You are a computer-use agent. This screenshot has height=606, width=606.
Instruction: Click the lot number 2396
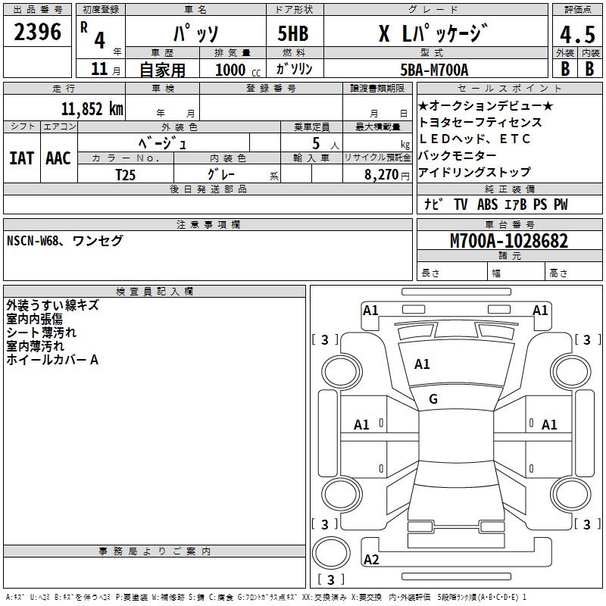38,32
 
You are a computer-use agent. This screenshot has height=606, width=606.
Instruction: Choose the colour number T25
126,174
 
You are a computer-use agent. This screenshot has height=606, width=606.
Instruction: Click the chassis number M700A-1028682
508,241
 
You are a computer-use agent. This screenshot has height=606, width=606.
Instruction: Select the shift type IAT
21,158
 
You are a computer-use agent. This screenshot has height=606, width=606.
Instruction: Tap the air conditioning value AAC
58,158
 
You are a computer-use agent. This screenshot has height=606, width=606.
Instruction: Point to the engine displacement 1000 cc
236,70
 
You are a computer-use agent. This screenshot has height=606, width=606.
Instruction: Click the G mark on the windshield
433,399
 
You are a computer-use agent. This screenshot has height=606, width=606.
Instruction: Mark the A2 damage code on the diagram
371,560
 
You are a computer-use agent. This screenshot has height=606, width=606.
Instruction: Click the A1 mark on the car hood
422,364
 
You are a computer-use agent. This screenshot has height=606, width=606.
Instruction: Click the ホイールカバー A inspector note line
52,361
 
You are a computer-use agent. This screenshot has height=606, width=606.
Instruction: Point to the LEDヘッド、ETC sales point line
474,139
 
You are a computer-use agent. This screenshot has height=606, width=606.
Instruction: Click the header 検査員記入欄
155,292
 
